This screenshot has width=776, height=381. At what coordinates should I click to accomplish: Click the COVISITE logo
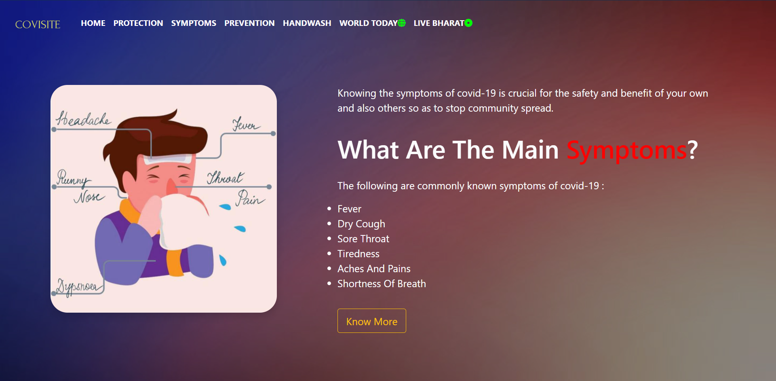pyautogui.click(x=38, y=25)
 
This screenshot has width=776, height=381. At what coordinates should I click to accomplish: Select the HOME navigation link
pyautogui.click(x=93, y=23)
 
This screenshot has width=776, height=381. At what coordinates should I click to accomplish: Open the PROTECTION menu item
pyautogui.click(x=138, y=23)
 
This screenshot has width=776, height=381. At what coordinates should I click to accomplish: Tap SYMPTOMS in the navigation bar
pyautogui.click(x=194, y=23)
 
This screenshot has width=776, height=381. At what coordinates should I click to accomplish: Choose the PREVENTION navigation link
pyautogui.click(x=249, y=23)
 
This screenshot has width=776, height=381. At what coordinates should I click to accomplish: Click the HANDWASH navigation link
pyautogui.click(x=307, y=23)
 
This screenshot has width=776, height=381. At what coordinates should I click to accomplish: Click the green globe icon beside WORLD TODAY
pyautogui.click(x=402, y=23)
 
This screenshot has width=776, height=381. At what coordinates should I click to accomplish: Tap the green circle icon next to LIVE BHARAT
pyautogui.click(x=468, y=23)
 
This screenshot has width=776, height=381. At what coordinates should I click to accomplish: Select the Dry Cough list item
pyautogui.click(x=361, y=224)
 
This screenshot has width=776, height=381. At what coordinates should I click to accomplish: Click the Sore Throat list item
pyautogui.click(x=363, y=239)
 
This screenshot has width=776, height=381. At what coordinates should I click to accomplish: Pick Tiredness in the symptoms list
pyautogui.click(x=358, y=254)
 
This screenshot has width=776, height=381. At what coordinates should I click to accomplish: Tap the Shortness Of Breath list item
pyautogui.click(x=382, y=284)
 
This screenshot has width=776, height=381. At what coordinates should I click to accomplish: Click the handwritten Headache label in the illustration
pyautogui.click(x=83, y=119)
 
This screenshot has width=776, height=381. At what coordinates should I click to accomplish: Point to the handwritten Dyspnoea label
pyautogui.click(x=77, y=286)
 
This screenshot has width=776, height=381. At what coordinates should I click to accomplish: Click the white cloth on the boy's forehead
pyautogui.click(x=167, y=159)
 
